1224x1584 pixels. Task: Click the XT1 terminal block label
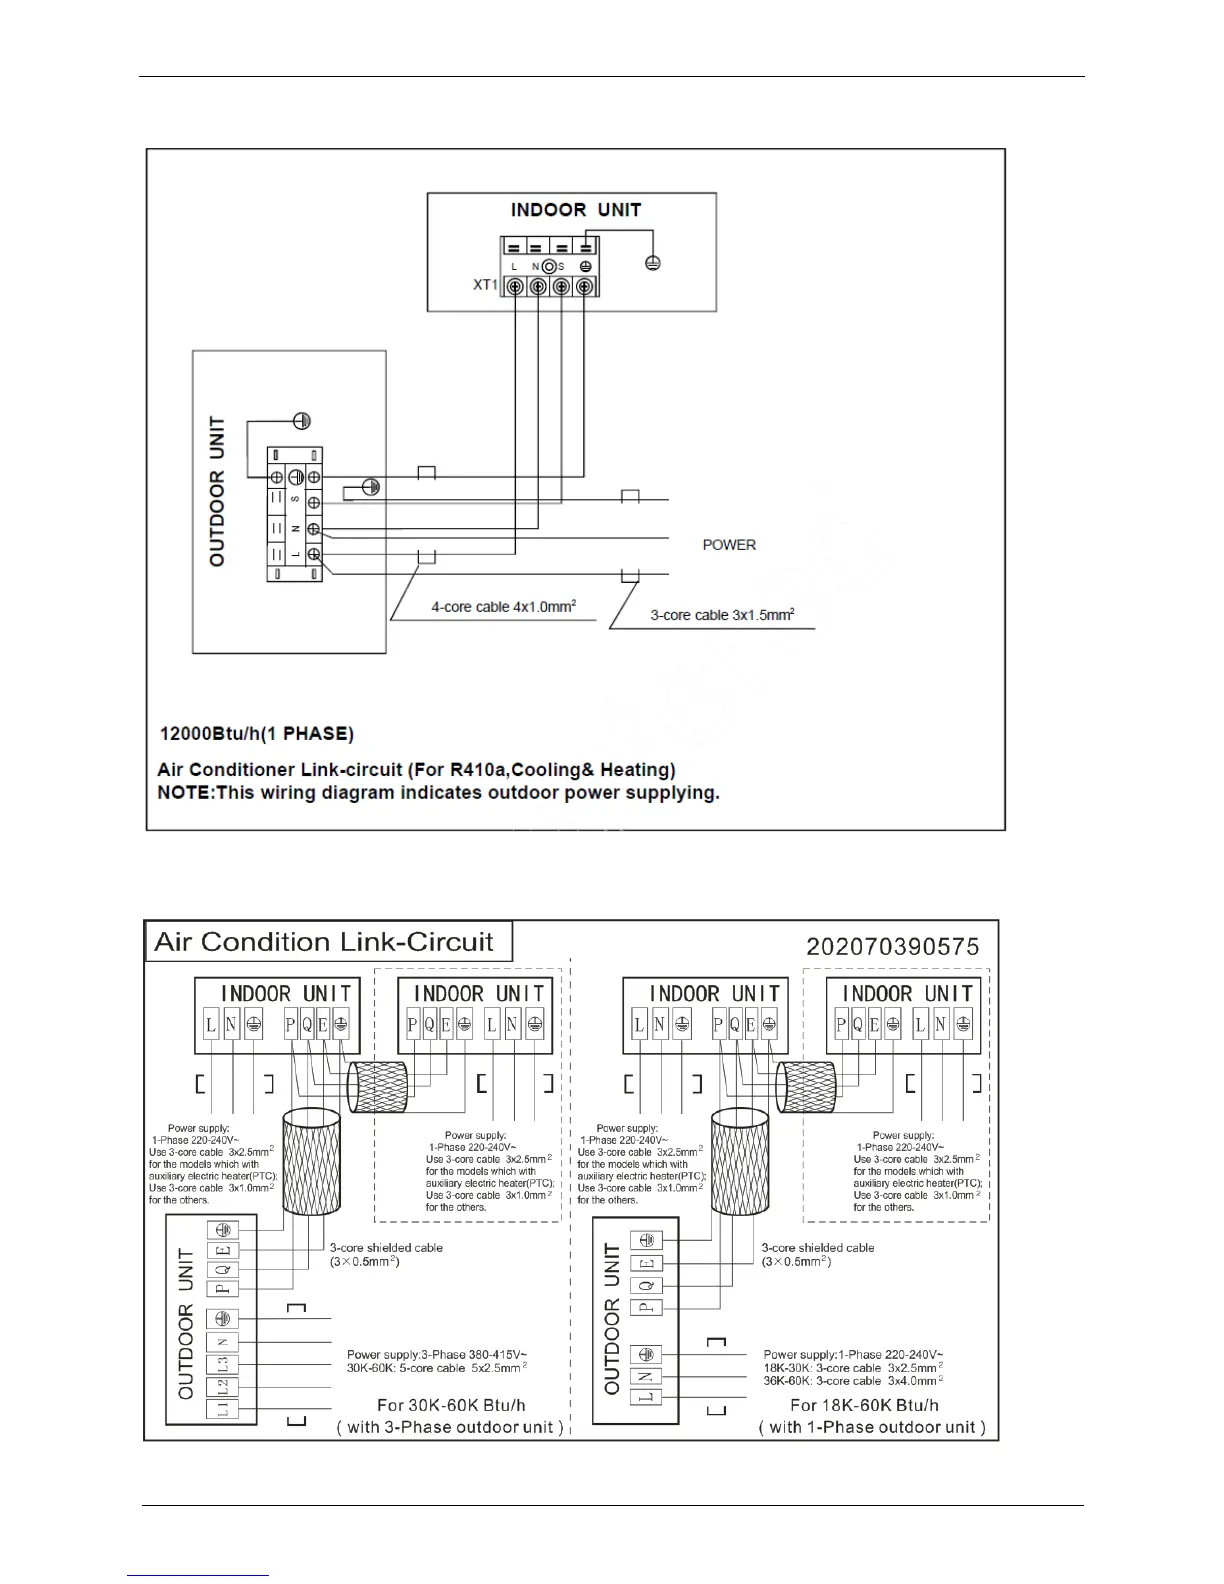[485, 286]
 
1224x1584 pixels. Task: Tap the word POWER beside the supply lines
[729, 545]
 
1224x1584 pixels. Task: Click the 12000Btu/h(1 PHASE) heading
[257, 734]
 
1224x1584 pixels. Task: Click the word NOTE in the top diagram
[182, 793]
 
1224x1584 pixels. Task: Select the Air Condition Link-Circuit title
[324, 942]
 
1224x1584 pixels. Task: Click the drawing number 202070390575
[892, 946]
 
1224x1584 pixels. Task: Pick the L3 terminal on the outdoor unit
[223, 1364]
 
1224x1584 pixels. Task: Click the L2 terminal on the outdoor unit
[223, 1387]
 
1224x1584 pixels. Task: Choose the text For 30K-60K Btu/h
[451, 1405]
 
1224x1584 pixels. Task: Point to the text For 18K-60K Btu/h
[864, 1405]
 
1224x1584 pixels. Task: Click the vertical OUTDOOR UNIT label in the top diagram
[217, 492]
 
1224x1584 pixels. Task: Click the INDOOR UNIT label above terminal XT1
[575, 210]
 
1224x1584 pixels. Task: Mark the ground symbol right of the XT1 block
[652, 262]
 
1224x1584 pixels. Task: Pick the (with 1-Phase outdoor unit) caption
[871, 1427]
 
